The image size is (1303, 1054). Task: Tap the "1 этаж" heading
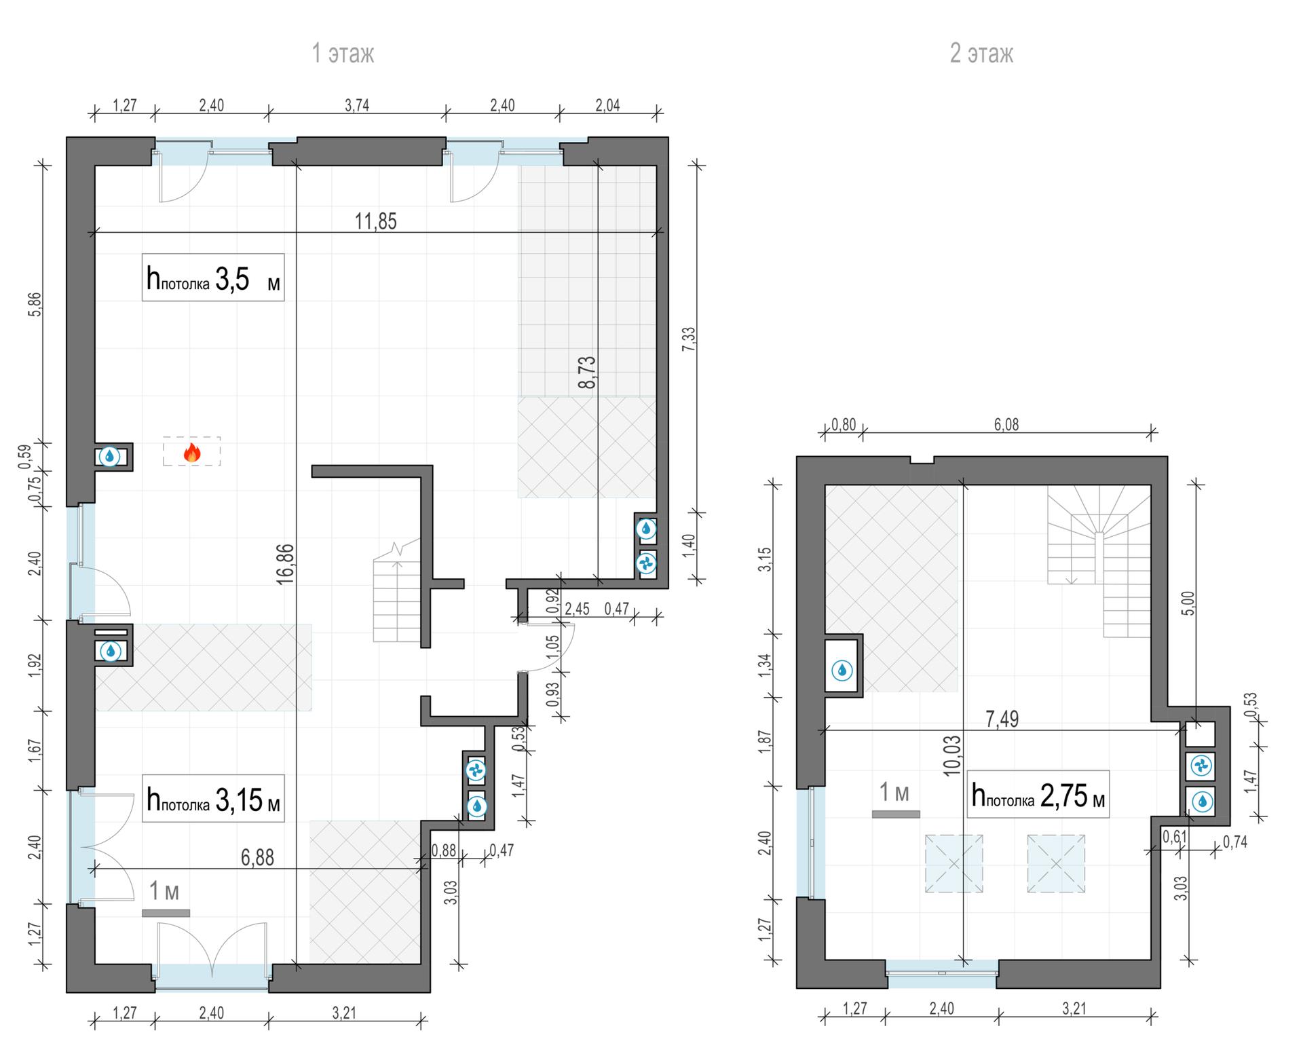tap(343, 53)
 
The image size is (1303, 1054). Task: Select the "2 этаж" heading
tap(981, 53)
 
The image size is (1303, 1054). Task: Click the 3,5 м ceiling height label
tap(213, 278)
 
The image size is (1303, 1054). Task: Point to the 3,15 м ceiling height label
tap(213, 799)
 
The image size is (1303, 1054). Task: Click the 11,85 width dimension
tap(375, 221)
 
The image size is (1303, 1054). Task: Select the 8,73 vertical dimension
tap(587, 372)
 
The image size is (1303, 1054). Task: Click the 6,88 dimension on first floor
tap(258, 857)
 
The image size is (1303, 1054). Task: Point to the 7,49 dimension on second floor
tap(1002, 719)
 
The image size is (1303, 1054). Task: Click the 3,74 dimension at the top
tap(357, 105)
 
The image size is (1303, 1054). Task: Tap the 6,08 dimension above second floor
tap(1006, 425)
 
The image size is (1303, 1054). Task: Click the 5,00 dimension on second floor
tap(1188, 603)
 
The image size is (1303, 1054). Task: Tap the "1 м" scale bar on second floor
tap(896, 814)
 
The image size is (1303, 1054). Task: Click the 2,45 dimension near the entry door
tap(577, 609)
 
